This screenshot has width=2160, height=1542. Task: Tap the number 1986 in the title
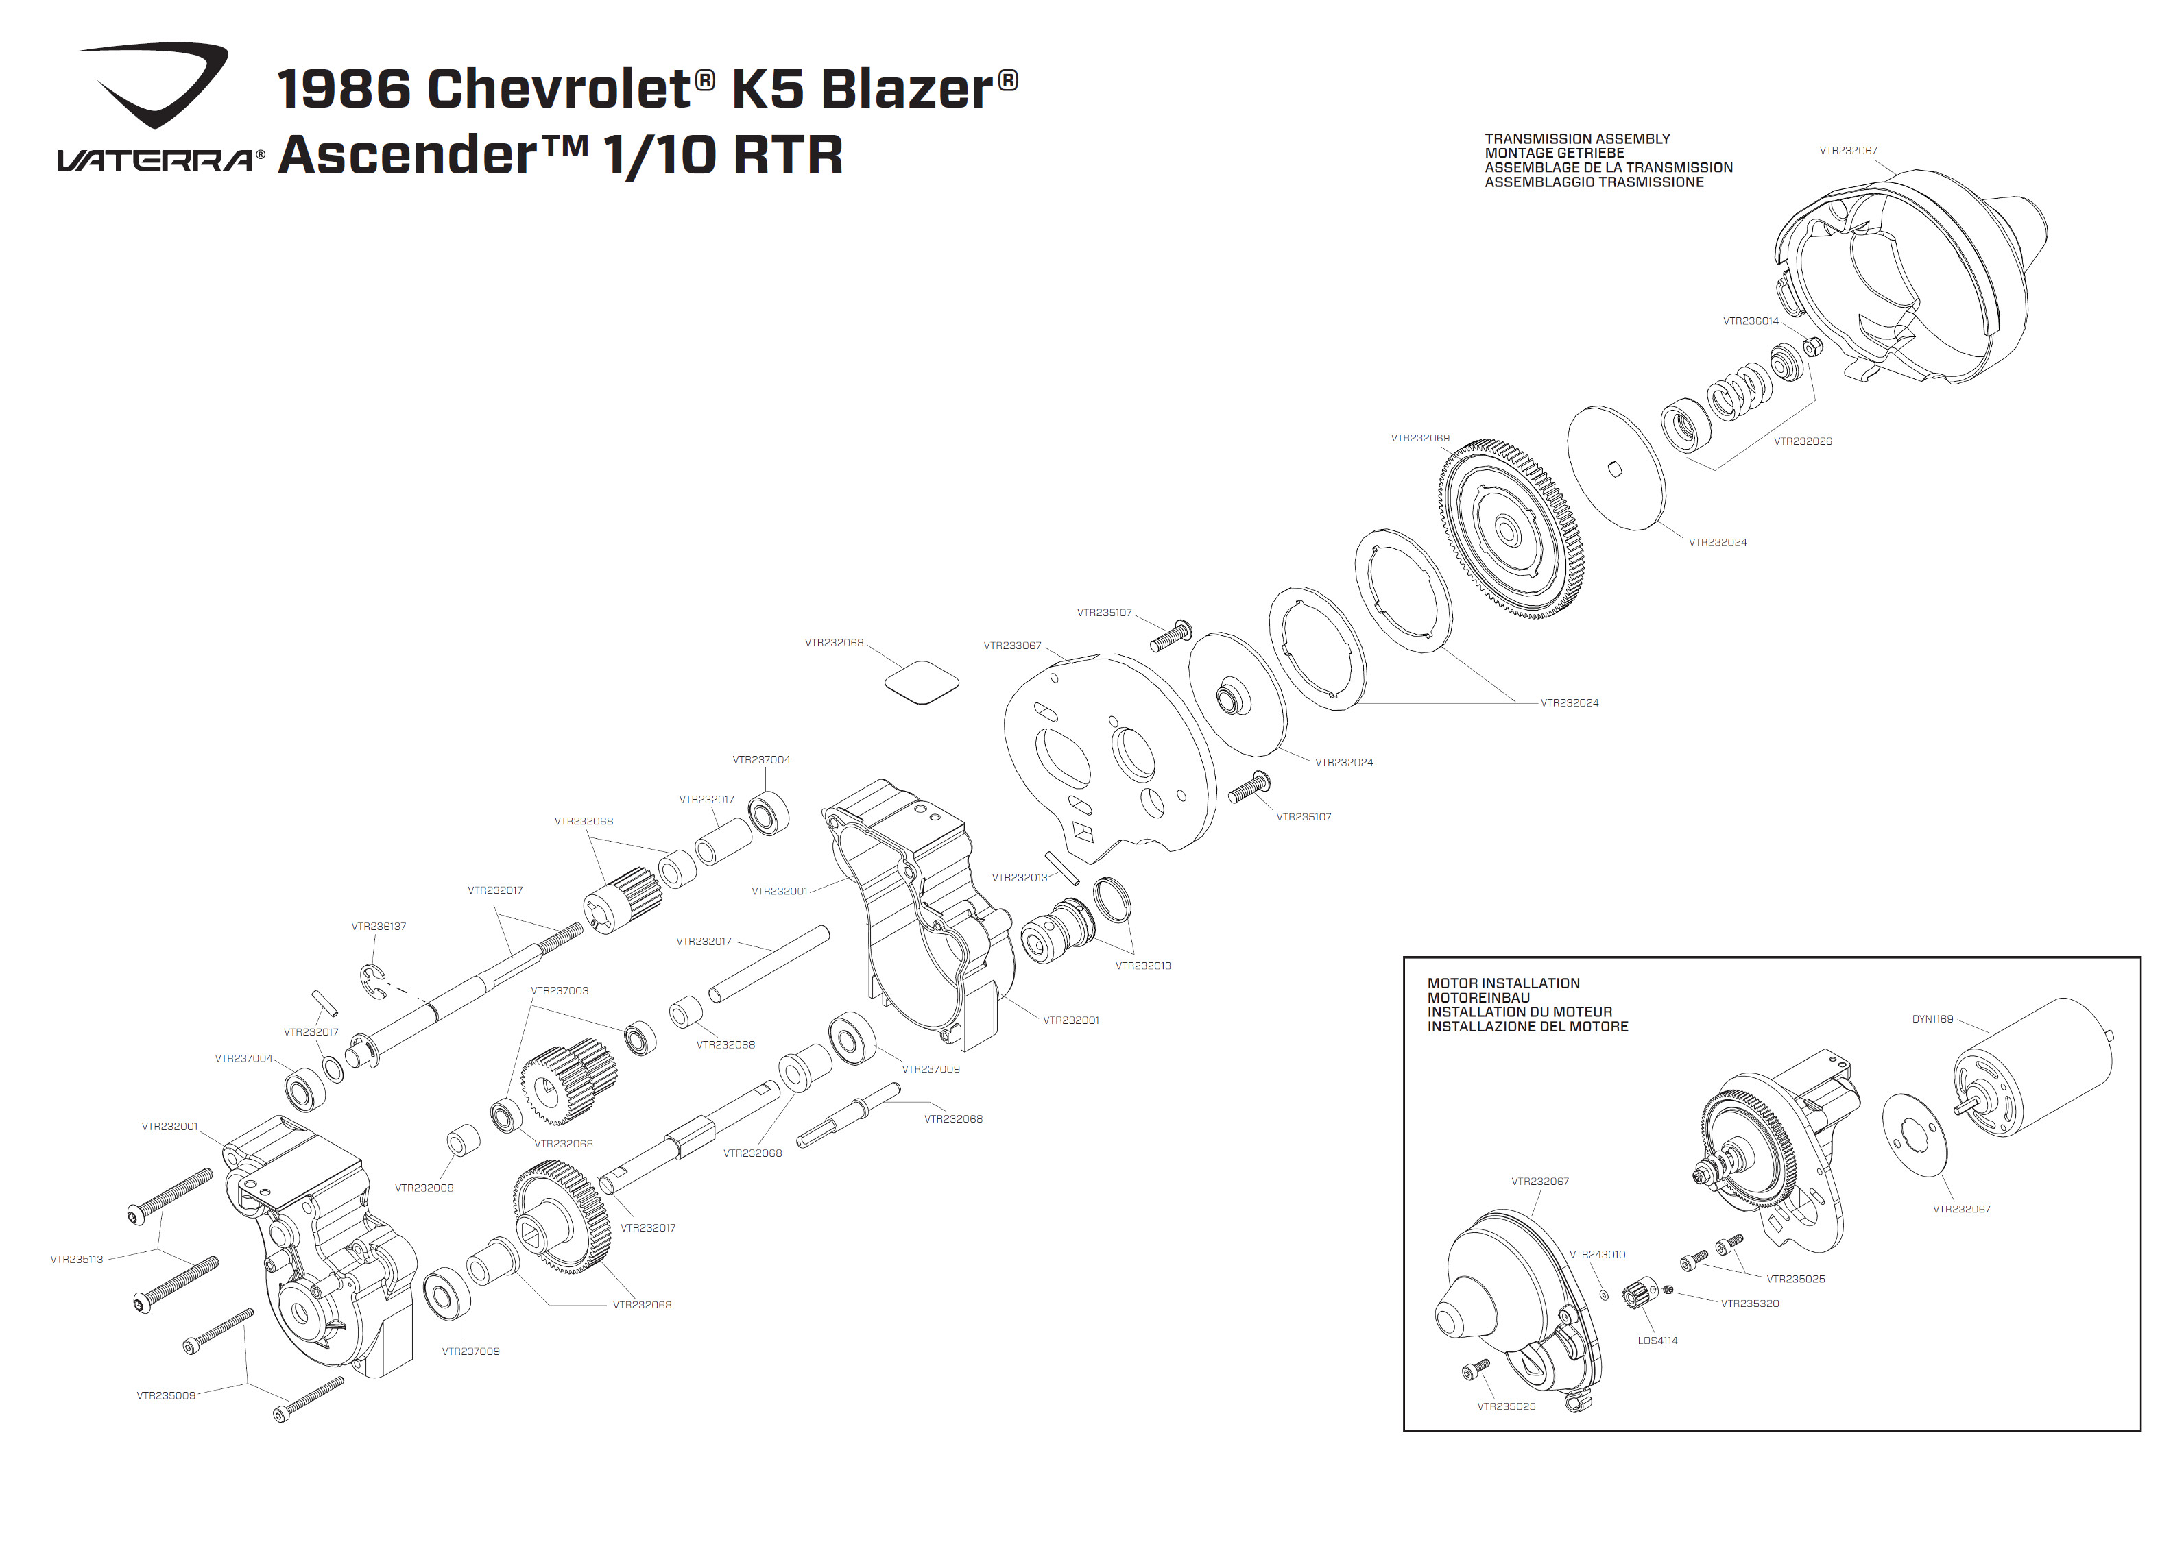click(344, 89)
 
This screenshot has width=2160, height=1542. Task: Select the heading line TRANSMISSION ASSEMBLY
click(1576, 138)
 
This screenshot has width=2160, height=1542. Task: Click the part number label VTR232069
click(1420, 439)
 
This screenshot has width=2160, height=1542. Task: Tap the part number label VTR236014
click(1751, 321)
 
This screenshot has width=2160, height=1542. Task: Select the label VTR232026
click(1803, 441)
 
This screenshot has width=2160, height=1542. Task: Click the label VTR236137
click(378, 927)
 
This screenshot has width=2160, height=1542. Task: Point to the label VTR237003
click(560, 990)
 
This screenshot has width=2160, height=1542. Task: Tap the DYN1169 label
click(1932, 1019)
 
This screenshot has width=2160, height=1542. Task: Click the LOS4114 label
click(1657, 1341)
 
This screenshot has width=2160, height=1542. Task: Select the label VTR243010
click(1597, 1254)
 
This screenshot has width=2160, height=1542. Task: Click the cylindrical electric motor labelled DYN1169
click(2032, 1068)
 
